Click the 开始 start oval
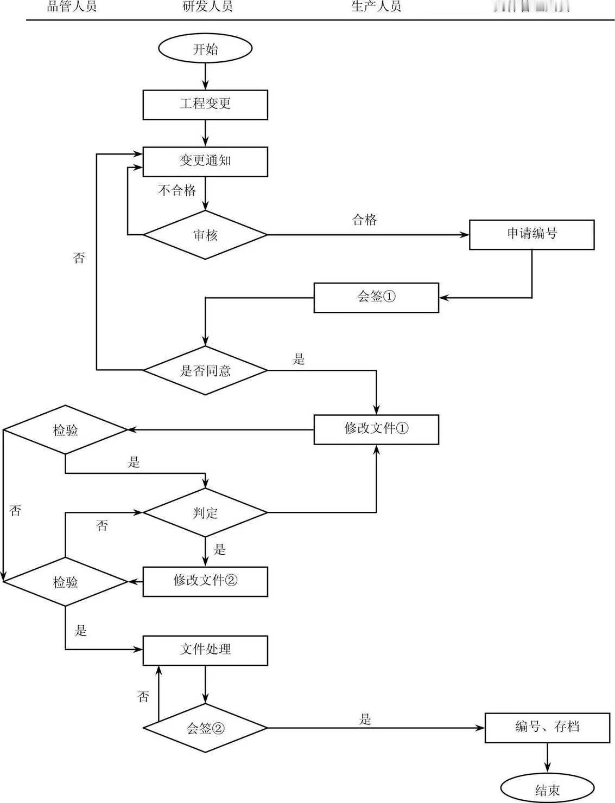tap(205, 49)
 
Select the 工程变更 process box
tap(205, 104)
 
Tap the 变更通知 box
tap(205, 161)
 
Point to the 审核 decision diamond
tap(205, 235)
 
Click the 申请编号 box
tap(531, 234)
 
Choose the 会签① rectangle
tap(376, 297)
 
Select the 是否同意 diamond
tap(205, 371)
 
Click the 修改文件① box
tap(376, 429)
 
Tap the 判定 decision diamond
tap(205, 512)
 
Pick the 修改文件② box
tap(205, 581)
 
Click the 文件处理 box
tap(205, 650)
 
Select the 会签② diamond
tap(205, 728)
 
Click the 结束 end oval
tap(547, 789)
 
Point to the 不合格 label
tap(177, 190)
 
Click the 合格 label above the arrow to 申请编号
tap(364, 220)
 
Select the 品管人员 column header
tap(72, 7)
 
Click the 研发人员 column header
tap(207, 7)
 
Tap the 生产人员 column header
tap(376, 7)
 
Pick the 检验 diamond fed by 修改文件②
tap(66, 582)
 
